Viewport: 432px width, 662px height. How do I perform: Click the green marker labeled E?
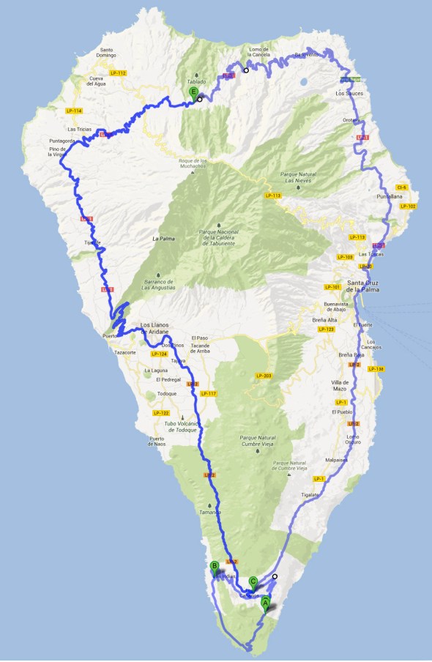pos(193,92)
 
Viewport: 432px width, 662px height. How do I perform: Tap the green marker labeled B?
pos(215,565)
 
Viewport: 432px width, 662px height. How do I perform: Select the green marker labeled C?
pos(253,582)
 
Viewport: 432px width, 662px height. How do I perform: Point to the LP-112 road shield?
pos(118,73)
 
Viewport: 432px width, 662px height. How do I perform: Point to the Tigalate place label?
pos(310,495)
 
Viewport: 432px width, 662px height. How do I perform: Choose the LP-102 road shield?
pos(408,207)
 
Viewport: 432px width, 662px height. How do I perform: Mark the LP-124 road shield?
pos(159,354)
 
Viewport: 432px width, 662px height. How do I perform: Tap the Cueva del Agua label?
pos(97,81)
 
